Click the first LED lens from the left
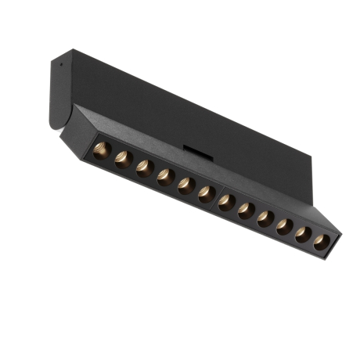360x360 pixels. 100,149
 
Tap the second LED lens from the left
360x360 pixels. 122,159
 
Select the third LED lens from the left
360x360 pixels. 143,168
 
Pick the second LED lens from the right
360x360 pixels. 303,234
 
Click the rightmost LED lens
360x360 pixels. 321,241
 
